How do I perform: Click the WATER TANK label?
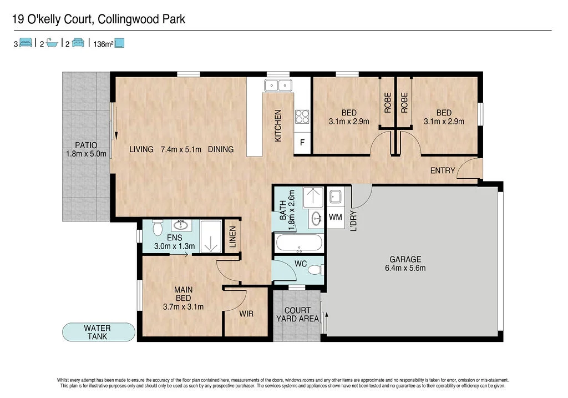click(x=98, y=332)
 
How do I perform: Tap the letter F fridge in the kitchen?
click(x=302, y=143)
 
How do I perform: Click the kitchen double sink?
click(x=278, y=85)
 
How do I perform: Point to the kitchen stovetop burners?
click(x=303, y=117)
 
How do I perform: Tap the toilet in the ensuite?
click(x=157, y=227)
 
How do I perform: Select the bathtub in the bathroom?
click(x=298, y=243)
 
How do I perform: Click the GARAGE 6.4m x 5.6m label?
click(x=405, y=264)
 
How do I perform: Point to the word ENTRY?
click(x=443, y=171)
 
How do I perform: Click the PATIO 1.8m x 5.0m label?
click(x=85, y=150)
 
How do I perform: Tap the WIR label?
click(x=246, y=314)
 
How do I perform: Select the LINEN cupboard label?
click(x=232, y=237)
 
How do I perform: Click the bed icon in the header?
click(x=26, y=43)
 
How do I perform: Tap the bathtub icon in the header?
click(x=52, y=43)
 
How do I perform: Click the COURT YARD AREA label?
click(x=297, y=314)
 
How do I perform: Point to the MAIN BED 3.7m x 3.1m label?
click(x=183, y=298)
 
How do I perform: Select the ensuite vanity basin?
click(x=181, y=225)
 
